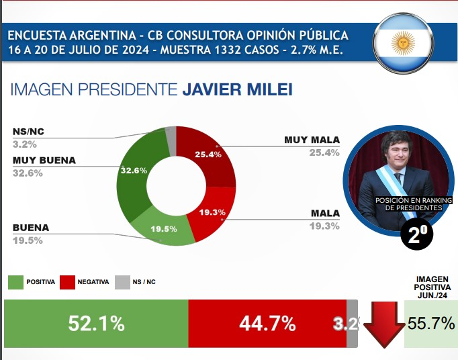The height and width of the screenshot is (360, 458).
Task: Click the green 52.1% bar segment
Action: click(96, 323)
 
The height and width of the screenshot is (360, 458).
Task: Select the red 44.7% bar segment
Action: click(267, 323)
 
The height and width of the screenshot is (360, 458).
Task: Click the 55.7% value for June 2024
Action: click(431, 324)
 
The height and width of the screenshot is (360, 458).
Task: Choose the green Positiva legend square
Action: click(15, 282)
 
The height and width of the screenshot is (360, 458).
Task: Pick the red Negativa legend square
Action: click(67, 282)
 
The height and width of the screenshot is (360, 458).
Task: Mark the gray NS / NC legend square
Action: click(122, 282)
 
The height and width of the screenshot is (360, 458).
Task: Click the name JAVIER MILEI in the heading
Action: click(238, 90)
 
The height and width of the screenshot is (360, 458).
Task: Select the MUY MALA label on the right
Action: click(312, 140)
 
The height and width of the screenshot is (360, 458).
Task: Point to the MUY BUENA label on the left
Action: click(44, 161)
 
